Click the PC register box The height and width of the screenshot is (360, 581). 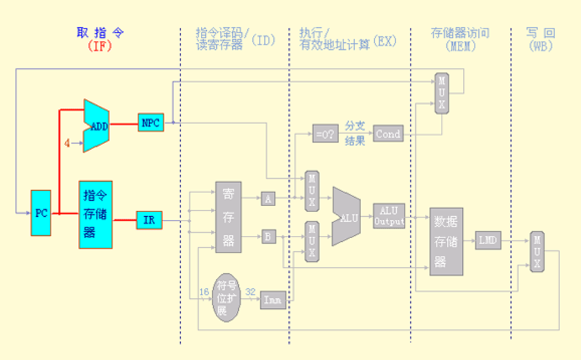point(41,213)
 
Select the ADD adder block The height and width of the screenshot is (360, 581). point(96,126)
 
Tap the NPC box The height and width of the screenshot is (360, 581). point(150,122)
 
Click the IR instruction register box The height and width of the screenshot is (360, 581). point(149,220)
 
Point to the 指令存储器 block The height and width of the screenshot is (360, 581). point(95,214)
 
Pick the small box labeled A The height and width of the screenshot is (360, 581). point(268,199)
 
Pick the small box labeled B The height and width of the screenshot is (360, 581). point(269,236)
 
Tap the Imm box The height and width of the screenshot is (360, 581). point(273,301)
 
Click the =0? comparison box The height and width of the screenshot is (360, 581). point(326,134)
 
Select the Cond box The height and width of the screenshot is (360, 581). point(388,134)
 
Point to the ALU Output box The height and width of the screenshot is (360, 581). point(389,216)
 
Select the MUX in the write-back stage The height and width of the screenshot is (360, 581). point(537,251)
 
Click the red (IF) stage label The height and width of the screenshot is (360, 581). point(100,45)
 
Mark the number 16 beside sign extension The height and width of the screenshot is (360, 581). point(203,292)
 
